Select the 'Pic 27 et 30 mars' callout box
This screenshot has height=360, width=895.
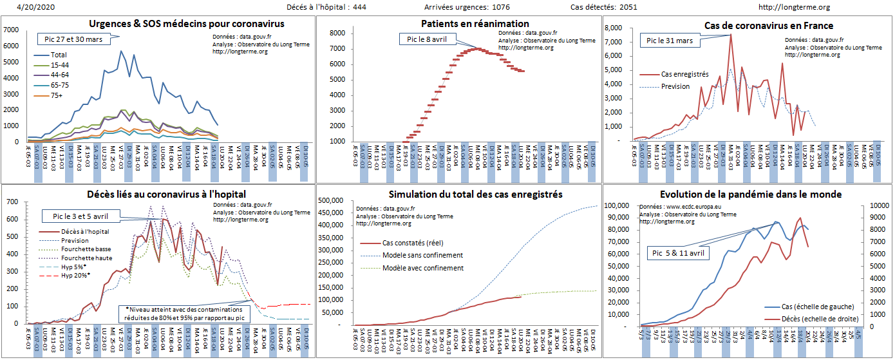pos(75,38)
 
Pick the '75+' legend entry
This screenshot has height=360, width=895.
pos(57,96)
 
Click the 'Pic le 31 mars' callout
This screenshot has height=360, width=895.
pos(669,41)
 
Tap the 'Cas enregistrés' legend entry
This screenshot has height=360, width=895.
pos(684,75)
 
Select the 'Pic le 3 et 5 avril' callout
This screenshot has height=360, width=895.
pos(80,216)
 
